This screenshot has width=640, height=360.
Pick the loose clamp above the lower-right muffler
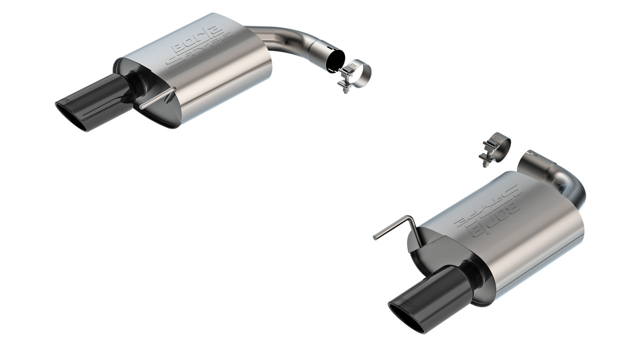tap(495, 147)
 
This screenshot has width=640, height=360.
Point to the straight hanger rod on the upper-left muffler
tap(157, 98)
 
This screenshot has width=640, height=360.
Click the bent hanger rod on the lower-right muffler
tap(395, 226)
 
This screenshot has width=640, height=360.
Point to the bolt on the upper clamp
tap(344, 82)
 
